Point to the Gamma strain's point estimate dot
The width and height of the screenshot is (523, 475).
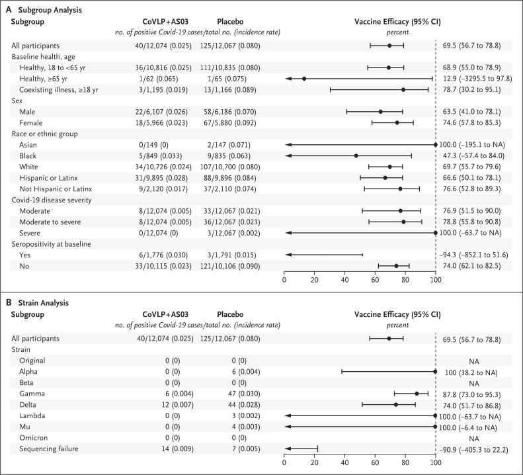pos(417,393)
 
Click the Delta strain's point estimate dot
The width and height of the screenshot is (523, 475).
pos(396,404)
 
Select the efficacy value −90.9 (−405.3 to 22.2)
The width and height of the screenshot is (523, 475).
pos(480,449)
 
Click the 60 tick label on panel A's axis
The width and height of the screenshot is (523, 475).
pos(375,278)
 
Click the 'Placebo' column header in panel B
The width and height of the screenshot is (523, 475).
pos(233,315)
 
